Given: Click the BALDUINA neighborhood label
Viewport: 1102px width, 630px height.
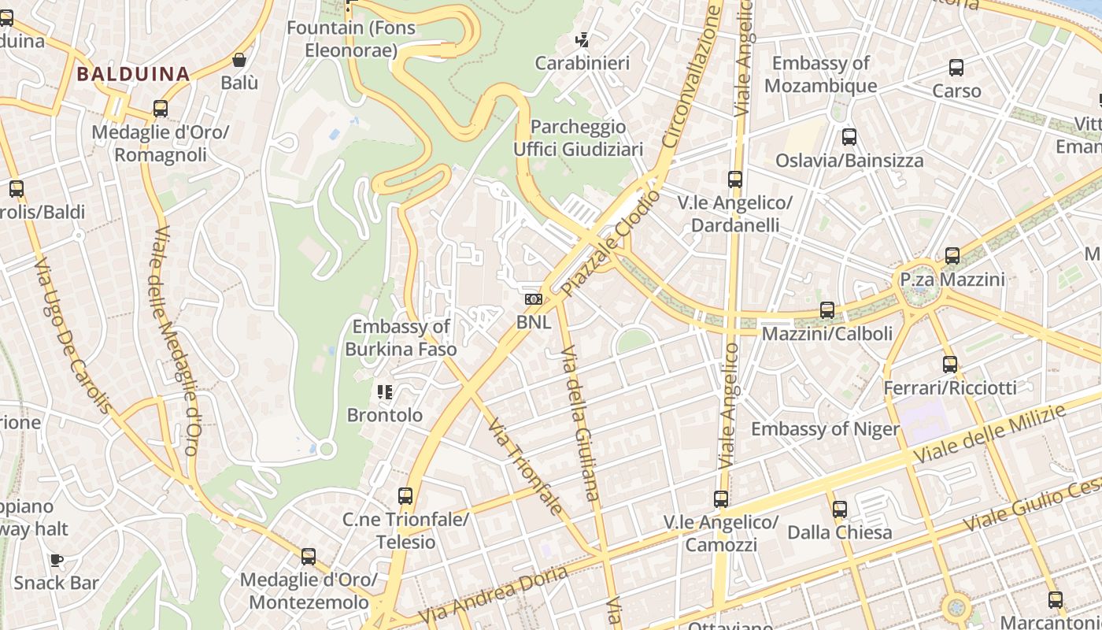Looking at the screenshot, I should (133, 75).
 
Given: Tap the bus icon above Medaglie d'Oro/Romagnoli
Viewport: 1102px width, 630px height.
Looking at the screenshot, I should (161, 109).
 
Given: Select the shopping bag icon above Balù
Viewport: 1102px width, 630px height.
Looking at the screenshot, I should (239, 60).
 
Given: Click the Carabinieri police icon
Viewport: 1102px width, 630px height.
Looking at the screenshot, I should (582, 39).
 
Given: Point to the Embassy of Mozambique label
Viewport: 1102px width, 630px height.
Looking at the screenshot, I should (820, 75).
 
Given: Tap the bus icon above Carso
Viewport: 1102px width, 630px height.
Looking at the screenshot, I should (956, 68).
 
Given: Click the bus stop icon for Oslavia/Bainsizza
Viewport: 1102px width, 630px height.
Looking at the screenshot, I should (849, 137).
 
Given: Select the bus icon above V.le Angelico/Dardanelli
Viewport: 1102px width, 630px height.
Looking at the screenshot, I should (735, 180).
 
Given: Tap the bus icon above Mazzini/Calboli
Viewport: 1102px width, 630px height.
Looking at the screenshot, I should (827, 310).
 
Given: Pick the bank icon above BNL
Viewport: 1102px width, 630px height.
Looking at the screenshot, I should (534, 299).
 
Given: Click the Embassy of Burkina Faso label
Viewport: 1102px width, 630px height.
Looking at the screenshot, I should (401, 337).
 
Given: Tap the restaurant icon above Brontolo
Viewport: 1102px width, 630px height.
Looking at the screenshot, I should (385, 391).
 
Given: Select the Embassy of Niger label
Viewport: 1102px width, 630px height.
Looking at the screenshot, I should (825, 429).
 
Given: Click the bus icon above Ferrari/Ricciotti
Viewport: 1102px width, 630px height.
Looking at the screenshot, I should (950, 365).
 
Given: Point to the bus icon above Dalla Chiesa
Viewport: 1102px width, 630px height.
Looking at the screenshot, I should (840, 510).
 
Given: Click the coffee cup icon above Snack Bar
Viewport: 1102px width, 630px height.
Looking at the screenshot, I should (56, 560).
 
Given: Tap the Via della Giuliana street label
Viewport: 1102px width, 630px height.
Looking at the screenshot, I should (580, 422).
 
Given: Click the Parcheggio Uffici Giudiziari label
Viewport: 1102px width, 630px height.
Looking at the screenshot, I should (579, 138).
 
